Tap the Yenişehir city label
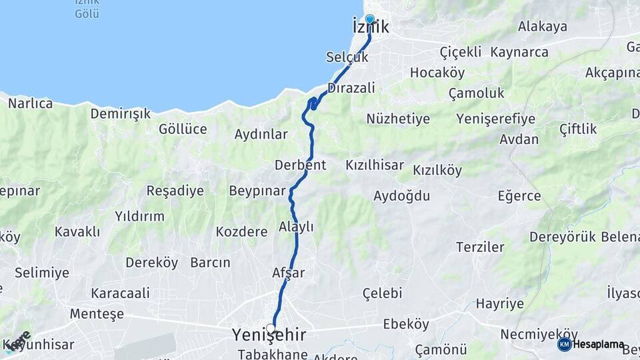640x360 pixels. [x=269, y=335]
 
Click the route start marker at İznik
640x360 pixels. [x=370, y=20]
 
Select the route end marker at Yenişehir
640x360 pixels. [x=271, y=328]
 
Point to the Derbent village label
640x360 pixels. [x=300, y=165]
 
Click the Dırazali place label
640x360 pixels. [x=351, y=88]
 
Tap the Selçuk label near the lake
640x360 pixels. [x=347, y=57]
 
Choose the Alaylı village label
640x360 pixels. [x=296, y=227]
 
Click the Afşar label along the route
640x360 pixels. [x=289, y=273]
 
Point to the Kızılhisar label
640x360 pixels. [x=375, y=165]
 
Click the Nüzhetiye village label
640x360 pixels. [x=398, y=119]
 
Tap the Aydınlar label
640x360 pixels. [x=261, y=135]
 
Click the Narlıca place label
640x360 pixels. [x=30, y=103]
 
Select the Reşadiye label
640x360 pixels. [x=175, y=191]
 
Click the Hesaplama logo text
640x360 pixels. [x=599, y=345]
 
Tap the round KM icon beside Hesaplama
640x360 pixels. [x=564, y=345]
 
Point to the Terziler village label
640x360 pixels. [x=480, y=247]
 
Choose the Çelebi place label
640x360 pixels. [x=383, y=293]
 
